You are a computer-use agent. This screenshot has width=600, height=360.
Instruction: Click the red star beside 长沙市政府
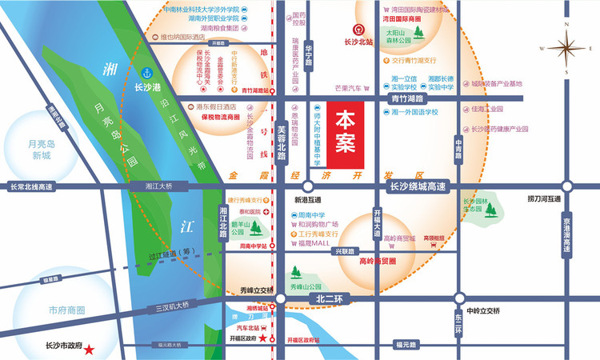pos(90,350)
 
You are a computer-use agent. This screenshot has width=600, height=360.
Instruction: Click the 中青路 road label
pos(458,148)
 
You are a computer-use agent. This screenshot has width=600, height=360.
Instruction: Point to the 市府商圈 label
pos(66,310)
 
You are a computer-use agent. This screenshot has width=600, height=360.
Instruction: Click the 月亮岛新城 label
pos(34,150)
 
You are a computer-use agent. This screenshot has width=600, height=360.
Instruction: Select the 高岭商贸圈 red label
pos(378,261)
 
